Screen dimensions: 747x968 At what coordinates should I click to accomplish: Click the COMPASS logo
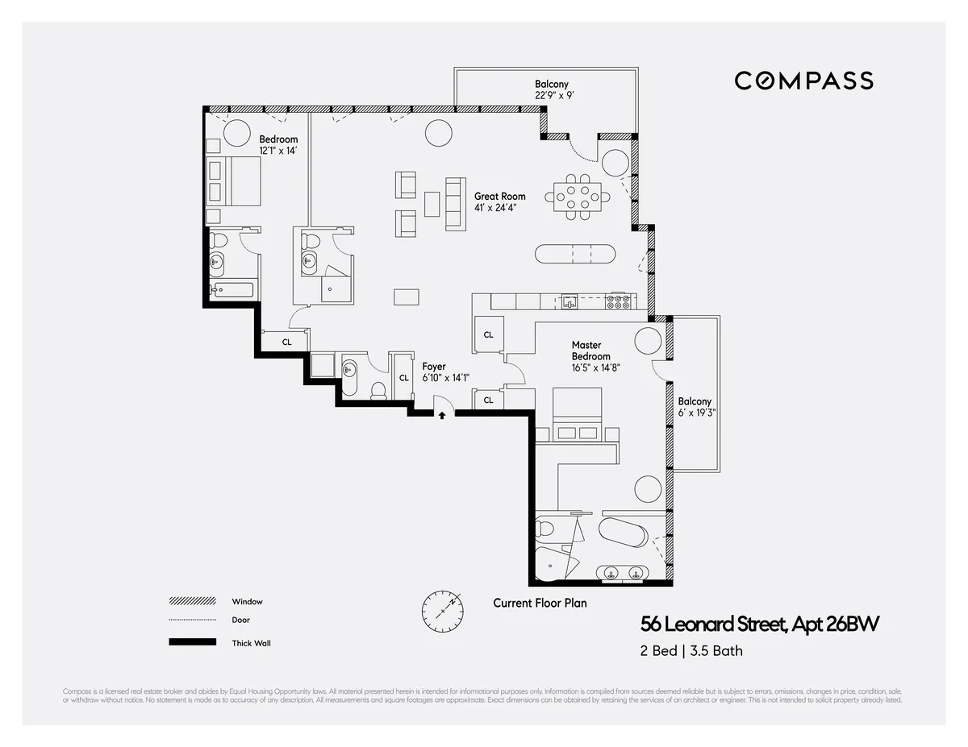pos(803,81)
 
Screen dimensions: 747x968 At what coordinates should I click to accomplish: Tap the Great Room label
pos(499,196)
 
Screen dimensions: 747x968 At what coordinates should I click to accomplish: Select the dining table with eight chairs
pos(578,196)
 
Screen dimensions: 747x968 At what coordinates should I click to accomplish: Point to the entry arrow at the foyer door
pos(442,416)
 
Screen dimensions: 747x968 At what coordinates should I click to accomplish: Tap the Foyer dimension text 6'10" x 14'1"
pos(445,378)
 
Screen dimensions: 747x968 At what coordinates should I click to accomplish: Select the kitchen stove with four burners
pos(618,301)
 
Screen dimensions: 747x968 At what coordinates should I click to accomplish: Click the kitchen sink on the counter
pos(570,302)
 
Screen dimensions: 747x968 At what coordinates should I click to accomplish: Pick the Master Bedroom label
pos(591,351)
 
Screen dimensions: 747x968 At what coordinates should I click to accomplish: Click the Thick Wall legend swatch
pos(193,642)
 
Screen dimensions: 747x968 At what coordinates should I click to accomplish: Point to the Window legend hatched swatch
pos(193,601)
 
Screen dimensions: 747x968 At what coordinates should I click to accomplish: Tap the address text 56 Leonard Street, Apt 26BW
pos(760,625)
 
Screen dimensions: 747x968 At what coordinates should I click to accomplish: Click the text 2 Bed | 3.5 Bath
pos(691,651)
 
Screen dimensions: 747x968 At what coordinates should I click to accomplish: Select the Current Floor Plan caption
pos(540,603)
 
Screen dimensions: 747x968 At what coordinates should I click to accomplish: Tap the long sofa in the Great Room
pos(456,204)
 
